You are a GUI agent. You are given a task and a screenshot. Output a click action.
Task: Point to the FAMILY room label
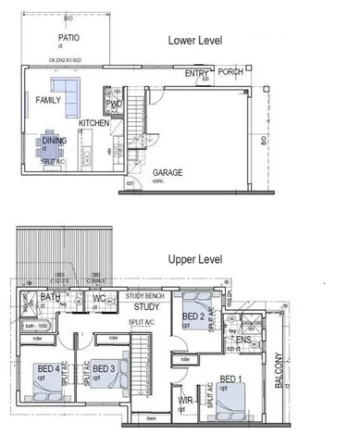pyautogui.click(x=48, y=100)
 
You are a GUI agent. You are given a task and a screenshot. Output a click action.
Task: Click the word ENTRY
pyautogui.click(x=195, y=73)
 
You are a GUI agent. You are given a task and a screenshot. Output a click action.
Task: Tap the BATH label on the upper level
pyautogui.click(x=50, y=298)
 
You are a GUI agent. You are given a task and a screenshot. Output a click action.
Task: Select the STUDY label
pyautogui.click(x=147, y=306)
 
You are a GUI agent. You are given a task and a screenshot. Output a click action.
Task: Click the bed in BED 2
pyautogui.click(x=196, y=314)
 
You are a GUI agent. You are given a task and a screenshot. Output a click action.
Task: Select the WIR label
pyautogui.click(x=184, y=400)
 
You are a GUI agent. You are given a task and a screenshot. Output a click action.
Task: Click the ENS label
pyautogui.click(x=243, y=340)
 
